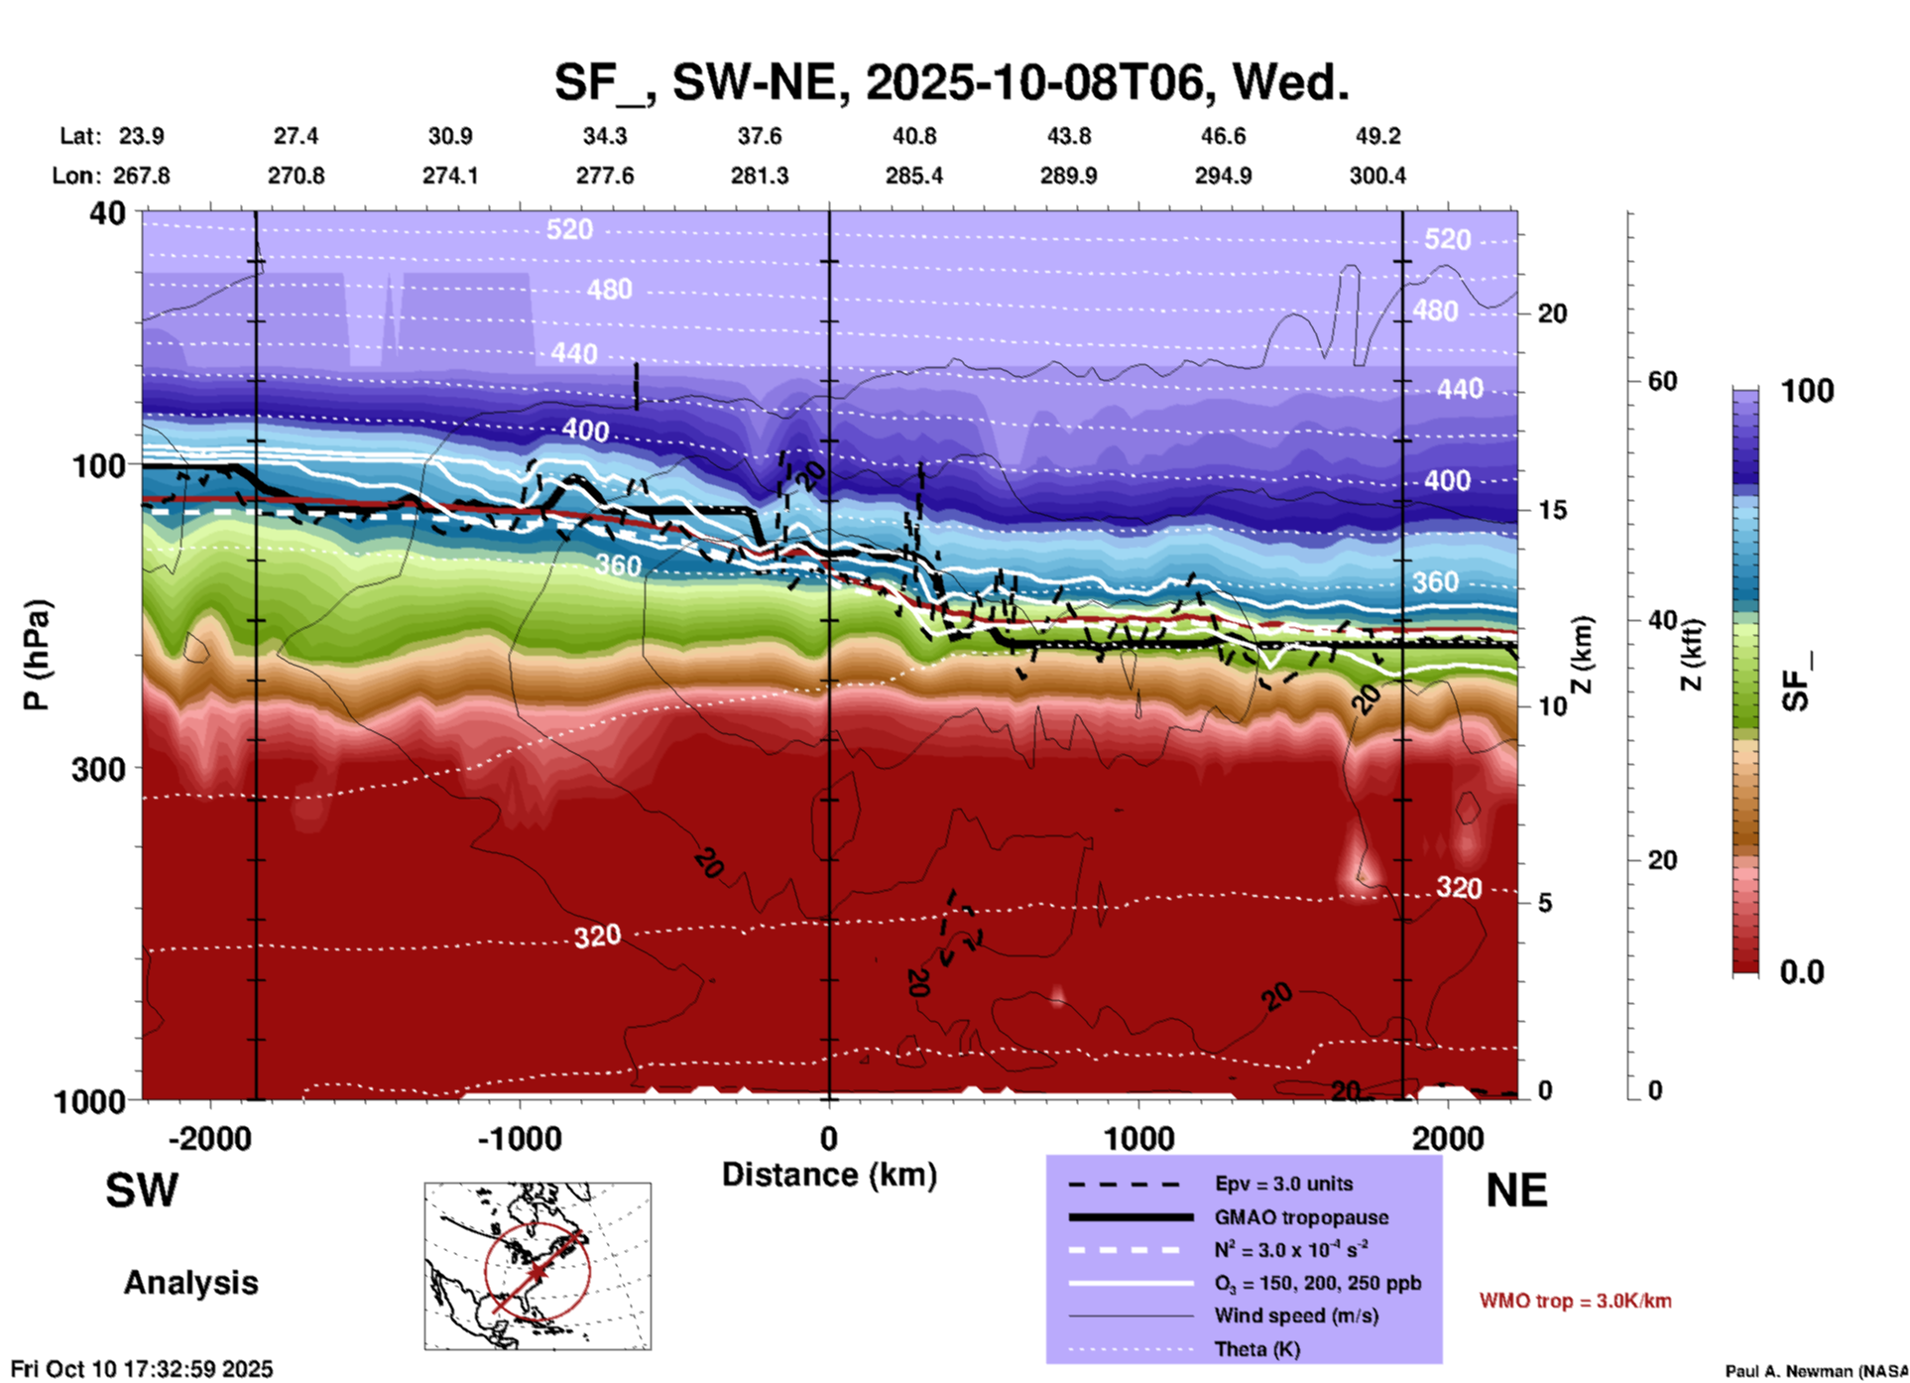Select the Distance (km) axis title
(829, 1175)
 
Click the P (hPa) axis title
(36, 655)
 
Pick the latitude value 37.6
(760, 136)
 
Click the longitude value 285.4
(913, 176)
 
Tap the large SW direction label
(142, 1191)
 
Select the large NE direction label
(1515, 1191)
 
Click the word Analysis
(190, 1283)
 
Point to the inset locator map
(537, 1266)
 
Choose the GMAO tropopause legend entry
(1300, 1217)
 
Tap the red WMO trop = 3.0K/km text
(1575, 1301)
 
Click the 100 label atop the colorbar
(1807, 391)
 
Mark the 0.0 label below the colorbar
(1802, 972)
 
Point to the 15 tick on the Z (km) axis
(1551, 510)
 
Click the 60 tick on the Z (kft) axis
(1661, 381)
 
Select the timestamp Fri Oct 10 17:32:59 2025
(142, 1369)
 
